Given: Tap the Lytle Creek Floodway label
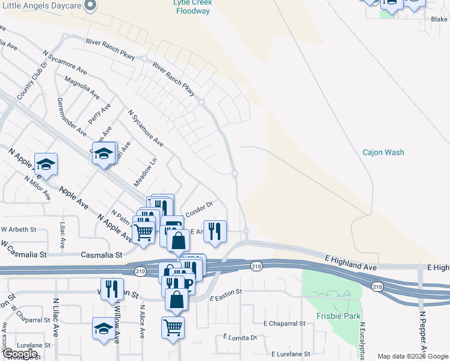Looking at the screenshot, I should click(x=193, y=7).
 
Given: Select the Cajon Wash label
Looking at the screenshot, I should click(x=383, y=152).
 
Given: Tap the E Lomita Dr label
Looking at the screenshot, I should click(x=240, y=338).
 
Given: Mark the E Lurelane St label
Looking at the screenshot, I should click(x=290, y=354).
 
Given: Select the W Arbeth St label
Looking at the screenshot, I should click(x=19, y=229).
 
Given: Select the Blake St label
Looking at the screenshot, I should click(x=439, y=19).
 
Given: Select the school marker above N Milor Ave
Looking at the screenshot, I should click(x=46, y=164).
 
